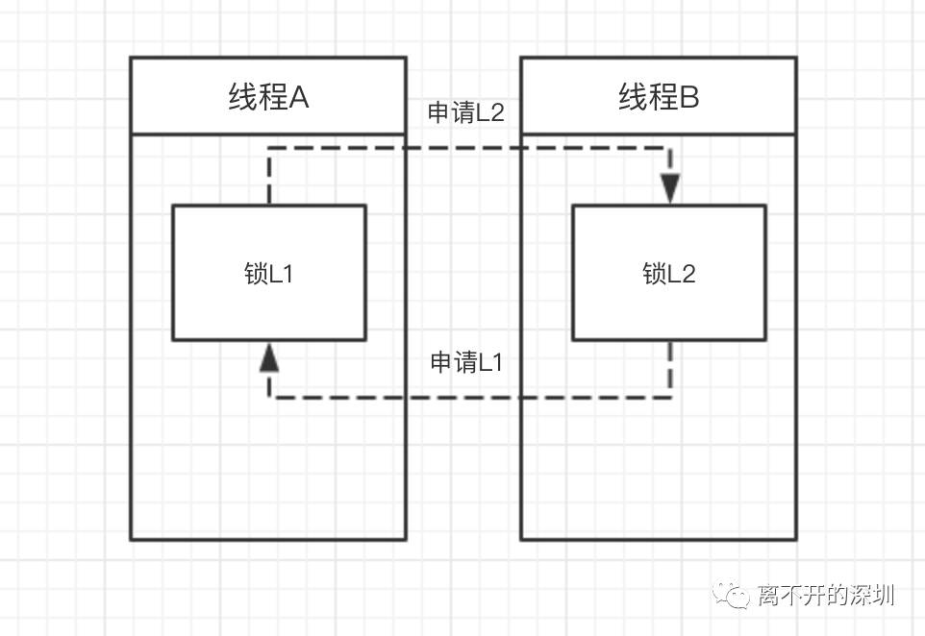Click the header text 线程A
(x=268, y=97)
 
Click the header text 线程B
(x=659, y=97)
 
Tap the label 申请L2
(x=466, y=112)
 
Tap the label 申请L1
(x=466, y=362)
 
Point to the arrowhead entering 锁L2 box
(x=670, y=188)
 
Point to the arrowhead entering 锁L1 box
(x=269, y=357)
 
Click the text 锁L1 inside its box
(x=268, y=274)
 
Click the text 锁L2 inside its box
(x=669, y=274)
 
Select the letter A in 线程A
(x=299, y=97)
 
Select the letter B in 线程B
(x=689, y=97)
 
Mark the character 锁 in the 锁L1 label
(x=256, y=274)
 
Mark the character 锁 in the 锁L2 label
(x=655, y=274)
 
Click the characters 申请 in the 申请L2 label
(x=451, y=112)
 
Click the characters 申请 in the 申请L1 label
(x=453, y=362)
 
